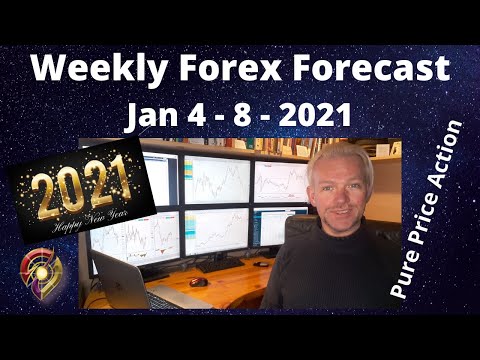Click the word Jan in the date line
(x=150, y=118)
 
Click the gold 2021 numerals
(x=82, y=186)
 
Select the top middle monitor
(x=216, y=180)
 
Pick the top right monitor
(x=279, y=181)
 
